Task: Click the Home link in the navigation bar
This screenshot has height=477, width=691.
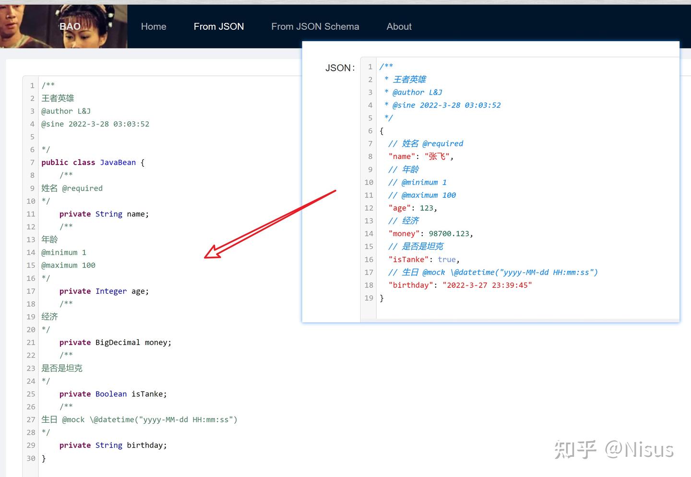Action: tap(154, 26)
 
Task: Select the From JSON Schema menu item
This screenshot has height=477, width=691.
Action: tap(315, 26)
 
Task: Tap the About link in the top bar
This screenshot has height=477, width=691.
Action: tap(399, 26)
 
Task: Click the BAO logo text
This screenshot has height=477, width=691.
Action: tap(70, 26)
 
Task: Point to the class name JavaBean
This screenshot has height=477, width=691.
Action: tap(118, 163)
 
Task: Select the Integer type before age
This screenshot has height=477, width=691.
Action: tap(111, 291)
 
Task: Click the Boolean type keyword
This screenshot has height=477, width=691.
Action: tap(111, 394)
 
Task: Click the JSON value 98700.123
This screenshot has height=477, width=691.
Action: tap(449, 234)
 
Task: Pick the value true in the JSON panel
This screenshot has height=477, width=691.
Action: tap(447, 260)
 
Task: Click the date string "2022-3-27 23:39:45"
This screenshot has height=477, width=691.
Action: tap(487, 285)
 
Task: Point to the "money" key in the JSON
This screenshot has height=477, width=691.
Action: tap(404, 234)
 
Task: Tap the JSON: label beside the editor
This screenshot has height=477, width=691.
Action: tap(340, 68)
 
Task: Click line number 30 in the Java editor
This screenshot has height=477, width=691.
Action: tap(31, 458)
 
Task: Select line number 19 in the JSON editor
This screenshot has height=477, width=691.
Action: tap(369, 298)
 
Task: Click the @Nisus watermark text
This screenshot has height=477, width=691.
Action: tap(639, 450)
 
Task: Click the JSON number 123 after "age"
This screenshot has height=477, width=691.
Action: tap(426, 208)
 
